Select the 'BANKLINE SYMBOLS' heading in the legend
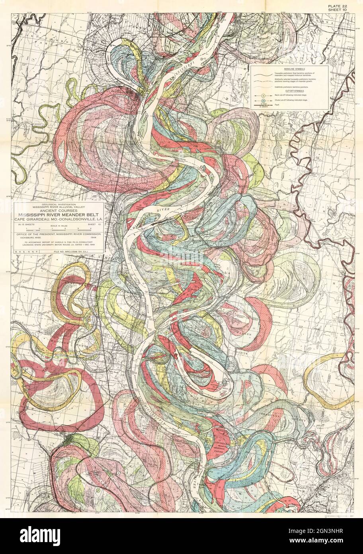(289, 69)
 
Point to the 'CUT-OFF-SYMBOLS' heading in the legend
(289, 91)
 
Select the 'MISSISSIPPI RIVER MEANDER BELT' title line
(59, 216)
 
